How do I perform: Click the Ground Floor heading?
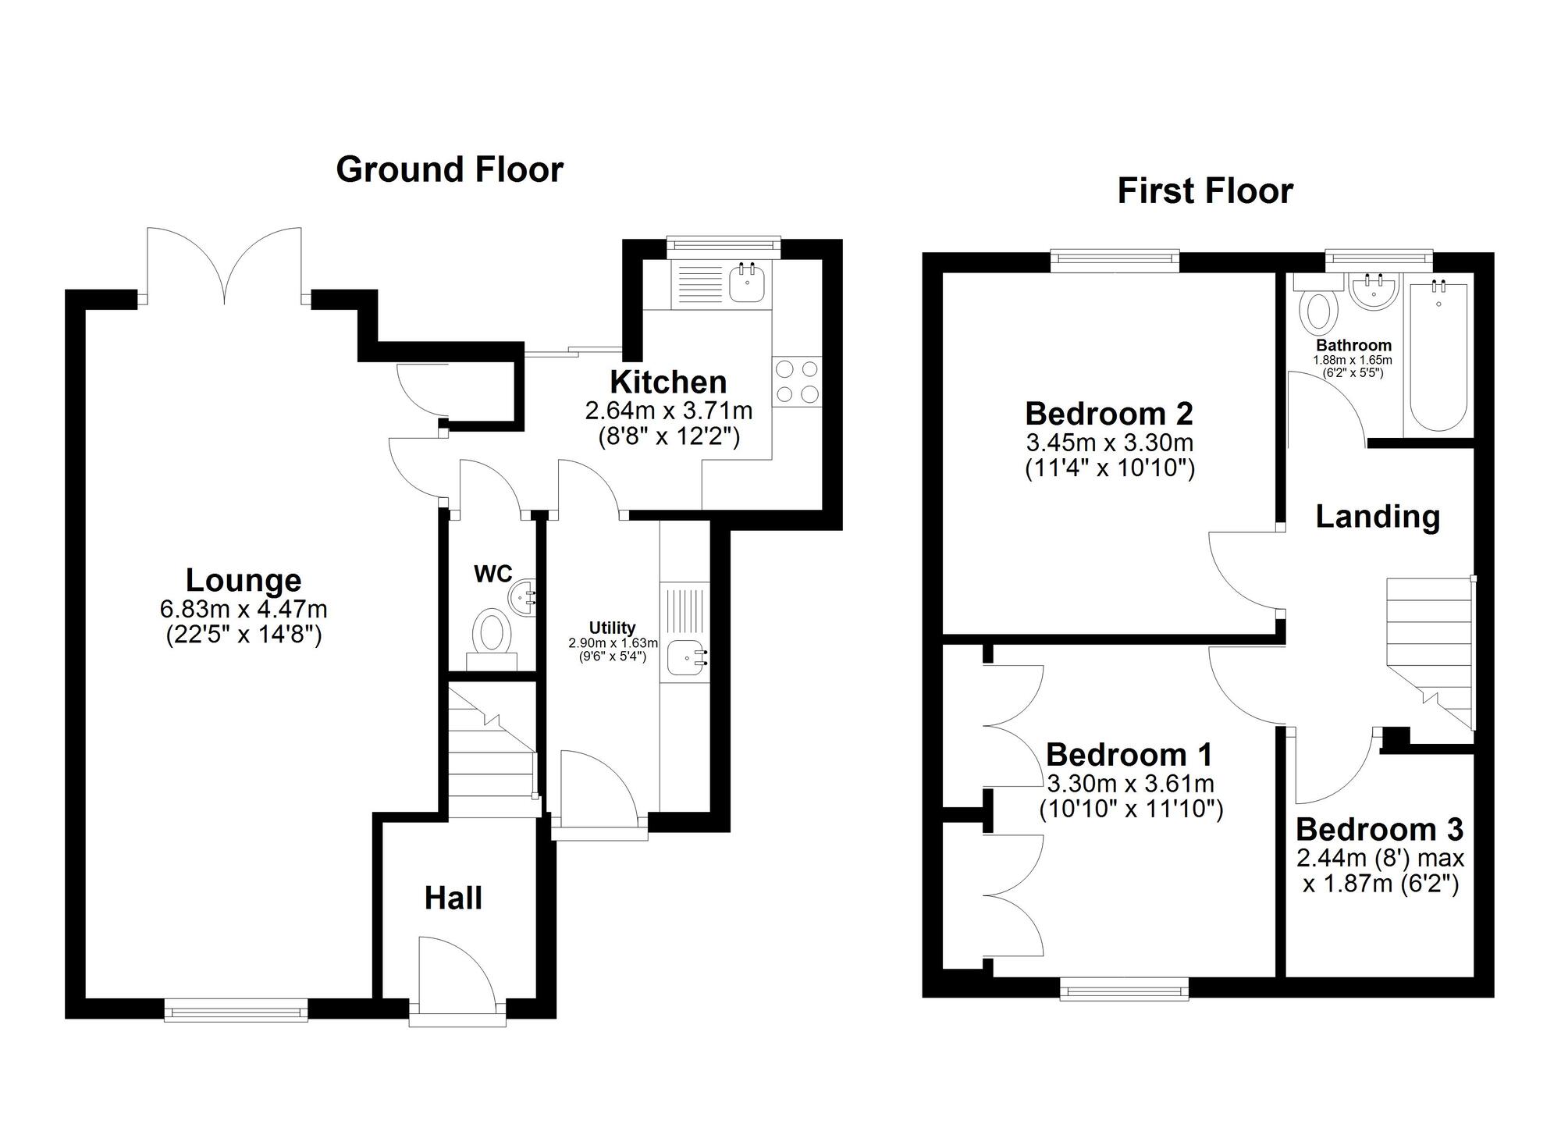point(449,169)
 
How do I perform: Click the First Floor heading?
point(1204,190)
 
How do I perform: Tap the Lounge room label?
point(243,580)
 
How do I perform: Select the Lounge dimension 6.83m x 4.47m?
point(243,608)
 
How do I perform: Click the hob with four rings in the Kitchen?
point(797,381)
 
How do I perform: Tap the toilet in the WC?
point(492,634)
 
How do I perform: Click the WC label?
point(492,575)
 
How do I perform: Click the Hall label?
point(453,898)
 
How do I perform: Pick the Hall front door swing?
point(457,972)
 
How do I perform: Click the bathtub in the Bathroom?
point(1438,357)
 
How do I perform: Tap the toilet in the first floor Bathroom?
point(1318,309)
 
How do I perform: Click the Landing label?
point(1378,517)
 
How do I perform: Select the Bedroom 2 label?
point(1108,413)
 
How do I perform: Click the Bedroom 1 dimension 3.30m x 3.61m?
point(1130,783)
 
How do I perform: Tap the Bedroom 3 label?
point(1379,829)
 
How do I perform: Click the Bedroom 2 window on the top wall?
point(1114,261)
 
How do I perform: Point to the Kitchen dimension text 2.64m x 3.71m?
point(668,411)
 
